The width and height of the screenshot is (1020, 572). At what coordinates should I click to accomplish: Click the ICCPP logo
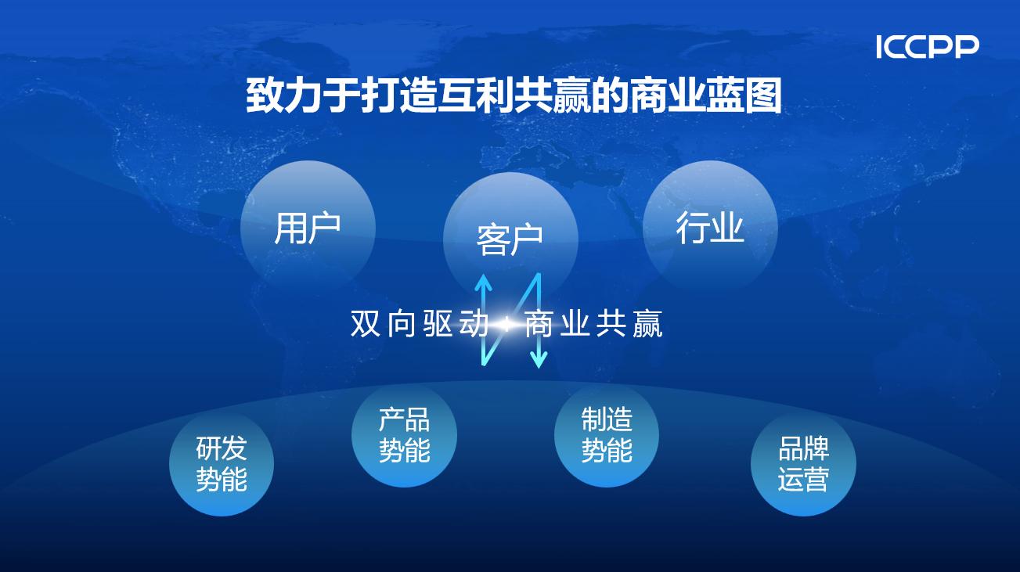tap(928, 47)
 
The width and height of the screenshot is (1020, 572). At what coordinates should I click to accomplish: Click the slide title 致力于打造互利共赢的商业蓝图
tap(514, 95)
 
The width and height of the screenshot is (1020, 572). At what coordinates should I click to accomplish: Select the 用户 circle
tap(308, 228)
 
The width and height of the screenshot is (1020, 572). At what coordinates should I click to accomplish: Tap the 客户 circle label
tap(510, 239)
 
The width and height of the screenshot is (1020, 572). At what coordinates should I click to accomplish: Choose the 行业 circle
tap(710, 228)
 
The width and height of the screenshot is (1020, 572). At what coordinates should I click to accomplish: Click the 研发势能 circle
tap(222, 464)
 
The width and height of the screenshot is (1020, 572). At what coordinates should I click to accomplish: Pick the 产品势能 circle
tap(405, 434)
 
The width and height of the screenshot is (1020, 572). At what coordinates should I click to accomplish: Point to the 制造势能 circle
tap(607, 434)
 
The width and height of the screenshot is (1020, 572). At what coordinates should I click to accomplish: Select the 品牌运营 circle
tap(803, 464)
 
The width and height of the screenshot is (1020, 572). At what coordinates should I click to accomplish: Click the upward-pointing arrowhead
tap(483, 282)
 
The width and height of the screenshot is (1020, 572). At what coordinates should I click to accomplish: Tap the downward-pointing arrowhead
tap(539, 359)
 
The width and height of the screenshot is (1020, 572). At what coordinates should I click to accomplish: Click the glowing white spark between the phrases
tap(506, 325)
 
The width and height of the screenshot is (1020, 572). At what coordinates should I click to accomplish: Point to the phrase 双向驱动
tap(420, 324)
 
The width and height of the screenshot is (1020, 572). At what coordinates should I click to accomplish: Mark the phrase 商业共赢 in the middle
tap(593, 324)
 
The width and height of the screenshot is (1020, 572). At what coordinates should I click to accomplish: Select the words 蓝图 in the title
tap(744, 95)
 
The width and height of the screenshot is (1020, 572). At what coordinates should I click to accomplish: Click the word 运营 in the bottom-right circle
tap(803, 479)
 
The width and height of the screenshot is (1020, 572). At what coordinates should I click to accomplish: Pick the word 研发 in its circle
tap(222, 448)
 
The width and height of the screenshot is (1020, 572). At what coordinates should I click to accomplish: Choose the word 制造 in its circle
tap(607, 419)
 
